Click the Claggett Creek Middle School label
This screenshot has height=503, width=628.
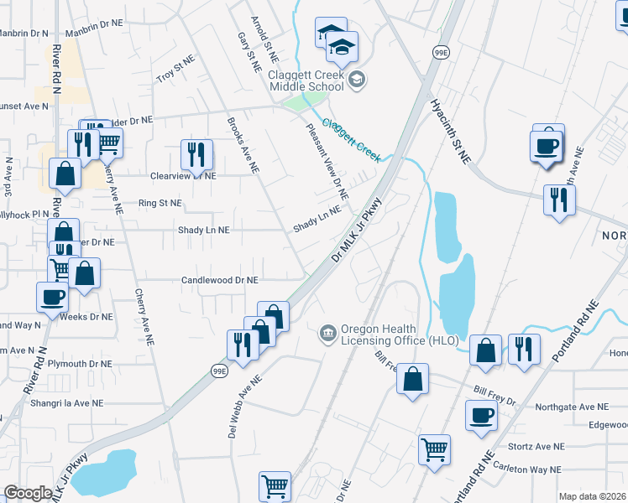point(306,80)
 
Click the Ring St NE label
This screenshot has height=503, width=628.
point(160,203)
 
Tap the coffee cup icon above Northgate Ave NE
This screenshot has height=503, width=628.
point(483,415)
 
